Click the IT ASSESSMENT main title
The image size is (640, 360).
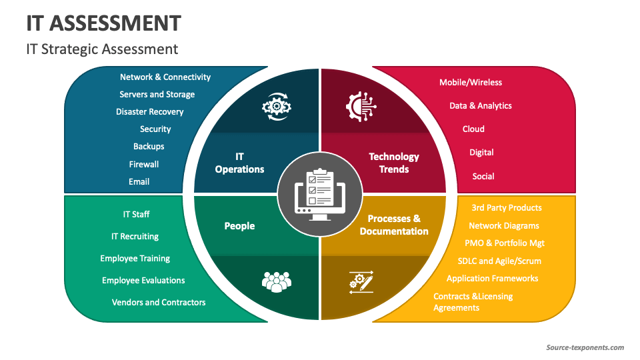click(103, 23)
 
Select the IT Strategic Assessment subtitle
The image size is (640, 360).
click(102, 49)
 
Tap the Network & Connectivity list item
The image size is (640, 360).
click(165, 77)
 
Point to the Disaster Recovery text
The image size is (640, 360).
click(149, 112)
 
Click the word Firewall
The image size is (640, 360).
click(144, 164)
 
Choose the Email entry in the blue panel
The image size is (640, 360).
click(139, 181)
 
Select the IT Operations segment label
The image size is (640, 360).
click(239, 163)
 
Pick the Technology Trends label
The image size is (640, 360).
click(394, 163)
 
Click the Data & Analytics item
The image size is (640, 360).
click(480, 106)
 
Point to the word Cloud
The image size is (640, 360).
click(473, 129)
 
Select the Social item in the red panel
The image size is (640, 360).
click(483, 177)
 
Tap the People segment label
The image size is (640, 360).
click(239, 226)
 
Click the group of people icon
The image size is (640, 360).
click(277, 281)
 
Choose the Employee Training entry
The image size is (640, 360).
click(135, 259)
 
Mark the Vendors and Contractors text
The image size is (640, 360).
click(159, 303)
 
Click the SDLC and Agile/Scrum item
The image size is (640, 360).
click(499, 261)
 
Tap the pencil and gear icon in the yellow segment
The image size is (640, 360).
click(361, 281)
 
